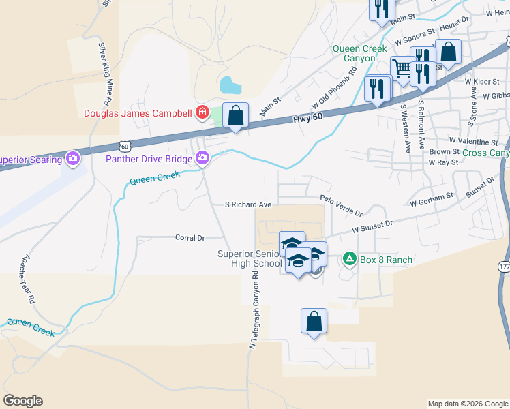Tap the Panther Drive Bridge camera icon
[x=202, y=159]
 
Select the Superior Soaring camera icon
[x=73, y=160]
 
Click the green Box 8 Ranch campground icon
[x=349, y=259]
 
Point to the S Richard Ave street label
[x=248, y=204]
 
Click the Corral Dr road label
[x=190, y=238]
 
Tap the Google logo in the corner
[x=23, y=401]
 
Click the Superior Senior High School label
[x=249, y=258]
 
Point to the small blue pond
[x=230, y=86]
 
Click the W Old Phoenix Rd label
[x=335, y=91]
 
